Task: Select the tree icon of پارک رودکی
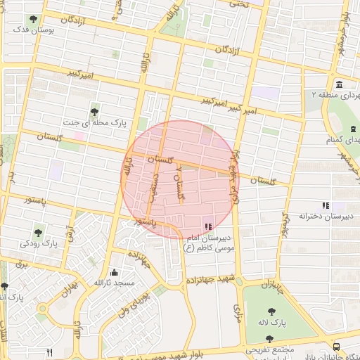tap(38, 231)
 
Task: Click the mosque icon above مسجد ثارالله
tap(114, 272)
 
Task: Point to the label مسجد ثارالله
tap(114, 283)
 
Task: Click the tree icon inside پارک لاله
tap(271, 311)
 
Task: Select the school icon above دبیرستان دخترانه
tap(324, 205)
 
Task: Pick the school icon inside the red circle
tap(207, 226)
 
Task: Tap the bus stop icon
tap(337, 347)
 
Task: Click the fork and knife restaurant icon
tap(49, 352)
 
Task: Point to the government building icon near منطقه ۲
tap(340, 85)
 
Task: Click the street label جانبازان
tap(271, 287)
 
